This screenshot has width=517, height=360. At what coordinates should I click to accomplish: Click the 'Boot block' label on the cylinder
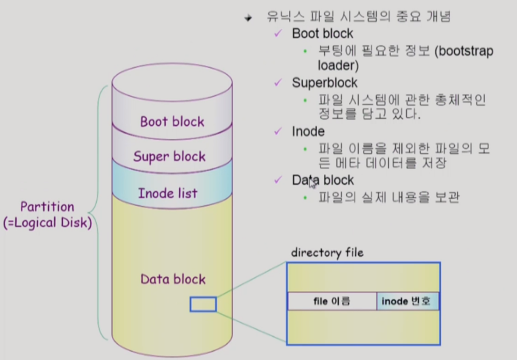pyautogui.click(x=172, y=122)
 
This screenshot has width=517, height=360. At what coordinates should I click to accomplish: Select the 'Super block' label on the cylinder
pyautogui.click(x=169, y=157)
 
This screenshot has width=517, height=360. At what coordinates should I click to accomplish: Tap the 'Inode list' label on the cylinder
pyautogui.click(x=168, y=193)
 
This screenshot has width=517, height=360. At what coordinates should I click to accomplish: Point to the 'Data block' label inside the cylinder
pyautogui.click(x=173, y=279)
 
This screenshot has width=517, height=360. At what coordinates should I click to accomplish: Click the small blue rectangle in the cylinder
pyautogui.click(x=203, y=304)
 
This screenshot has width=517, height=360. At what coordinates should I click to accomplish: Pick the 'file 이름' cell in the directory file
pyautogui.click(x=332, y=301)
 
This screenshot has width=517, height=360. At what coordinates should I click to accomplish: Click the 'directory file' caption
pyautogui.click(x=327, y=253)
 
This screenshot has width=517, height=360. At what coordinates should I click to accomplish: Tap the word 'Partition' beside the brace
pyautogui.click(x=47, y=207)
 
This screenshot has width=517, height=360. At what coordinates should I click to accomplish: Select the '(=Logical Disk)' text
pyautogui.click(x=47, y=223)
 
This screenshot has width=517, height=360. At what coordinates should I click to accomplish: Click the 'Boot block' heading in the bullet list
pyautogui.click(x=322, y=33)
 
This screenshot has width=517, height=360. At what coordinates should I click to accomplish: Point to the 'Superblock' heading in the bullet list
pyautogui.click(x=325, y=83)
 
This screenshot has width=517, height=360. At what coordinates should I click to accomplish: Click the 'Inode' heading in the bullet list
pyautogui.click(x=308, y=131)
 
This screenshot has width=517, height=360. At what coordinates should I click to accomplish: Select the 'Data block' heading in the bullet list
pyautogui.click(x=323, y=180)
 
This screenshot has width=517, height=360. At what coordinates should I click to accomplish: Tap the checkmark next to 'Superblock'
pyautogui.click(x=278, y=83)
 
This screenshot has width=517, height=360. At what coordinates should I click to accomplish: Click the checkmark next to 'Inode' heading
pyautogui.click(x=278, y=131)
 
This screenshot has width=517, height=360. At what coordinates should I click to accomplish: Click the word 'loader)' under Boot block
pyautogui.click(x=338, y=65)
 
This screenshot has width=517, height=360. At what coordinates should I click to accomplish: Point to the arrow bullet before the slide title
pyautogui.click(x=249, y=18)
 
